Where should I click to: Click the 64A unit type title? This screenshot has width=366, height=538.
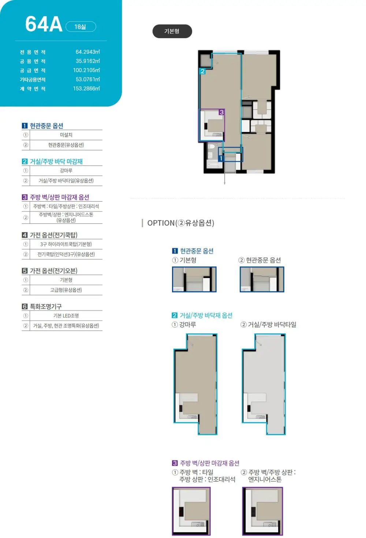(x=44, y=24)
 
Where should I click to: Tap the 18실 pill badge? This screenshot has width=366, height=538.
(x=81, y=27)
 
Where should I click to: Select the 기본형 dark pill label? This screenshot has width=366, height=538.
(x=172, y=31)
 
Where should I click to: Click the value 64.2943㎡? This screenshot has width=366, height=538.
(x=87, y=52)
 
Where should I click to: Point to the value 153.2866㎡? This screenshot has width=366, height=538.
(x=86, y=88)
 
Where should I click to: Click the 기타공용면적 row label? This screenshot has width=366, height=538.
(x=33, y=80)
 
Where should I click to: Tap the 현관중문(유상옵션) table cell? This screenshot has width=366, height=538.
(x=66, y=145)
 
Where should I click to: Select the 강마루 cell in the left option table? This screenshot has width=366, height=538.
(x=66, y=171)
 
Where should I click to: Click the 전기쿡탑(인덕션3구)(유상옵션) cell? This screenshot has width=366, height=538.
(x=66, y=254)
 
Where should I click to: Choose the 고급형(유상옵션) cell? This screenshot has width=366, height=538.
(x=66, y=290)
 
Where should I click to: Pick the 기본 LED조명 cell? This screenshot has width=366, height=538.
(x=66, y=316)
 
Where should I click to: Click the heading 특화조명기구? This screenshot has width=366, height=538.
(x=46, y=306)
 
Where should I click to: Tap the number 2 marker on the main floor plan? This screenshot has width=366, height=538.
(x=202, y=71)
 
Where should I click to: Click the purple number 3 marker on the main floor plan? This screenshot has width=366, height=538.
(x=221, y=112)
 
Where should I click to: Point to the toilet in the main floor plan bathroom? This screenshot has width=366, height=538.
(x=211, y=146)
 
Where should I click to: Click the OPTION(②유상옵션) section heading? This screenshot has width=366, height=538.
(x=180, y=223)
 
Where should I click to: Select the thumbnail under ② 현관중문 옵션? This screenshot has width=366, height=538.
(x=262, y=279)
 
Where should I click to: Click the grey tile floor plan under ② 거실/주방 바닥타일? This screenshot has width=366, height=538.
(x=264, y=384)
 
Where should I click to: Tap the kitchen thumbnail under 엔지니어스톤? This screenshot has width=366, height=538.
(x=263, y=511)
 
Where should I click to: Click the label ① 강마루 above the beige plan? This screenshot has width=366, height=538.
(x=184, y=325)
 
